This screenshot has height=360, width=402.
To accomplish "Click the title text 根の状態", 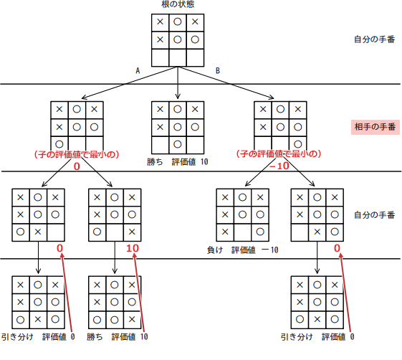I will (x=178, y=5).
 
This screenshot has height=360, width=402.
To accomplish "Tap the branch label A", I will (x=138, y=70).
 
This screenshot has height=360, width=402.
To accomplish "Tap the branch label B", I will (x=218, y=70).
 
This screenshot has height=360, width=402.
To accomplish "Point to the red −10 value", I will (x=279, y=166).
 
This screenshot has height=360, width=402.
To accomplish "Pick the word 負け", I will (x=214, y=249).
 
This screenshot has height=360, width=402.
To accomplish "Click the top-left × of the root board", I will (x=160, y=22).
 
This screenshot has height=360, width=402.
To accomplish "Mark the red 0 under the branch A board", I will (x=75, y=166).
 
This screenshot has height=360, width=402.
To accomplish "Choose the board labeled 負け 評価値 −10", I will (x=243, y=214).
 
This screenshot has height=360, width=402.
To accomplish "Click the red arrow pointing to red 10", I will (x=139, y=294).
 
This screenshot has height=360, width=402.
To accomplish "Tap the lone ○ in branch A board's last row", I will (x=59, y=143).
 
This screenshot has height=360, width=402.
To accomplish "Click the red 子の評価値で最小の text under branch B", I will (x=279, y=154).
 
